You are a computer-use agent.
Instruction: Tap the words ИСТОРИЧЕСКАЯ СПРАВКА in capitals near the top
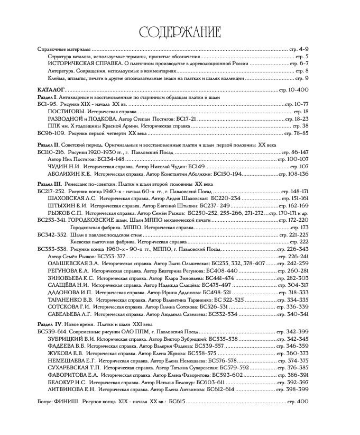tap(77, 63)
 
